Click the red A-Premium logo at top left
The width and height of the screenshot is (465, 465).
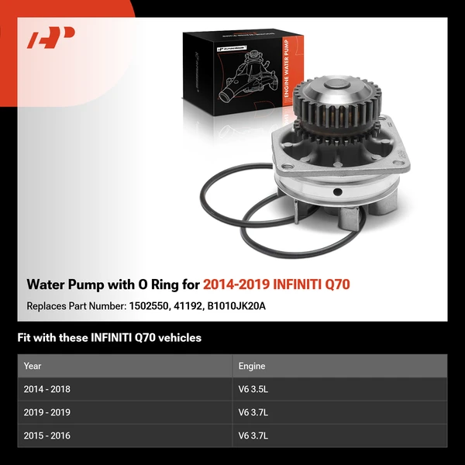click(x=50, y=38)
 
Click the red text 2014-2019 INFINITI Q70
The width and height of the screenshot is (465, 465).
click(x=276, y=284)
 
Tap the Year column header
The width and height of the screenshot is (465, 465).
click(x=33, y=366)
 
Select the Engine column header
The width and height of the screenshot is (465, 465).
click(x=253, y=366)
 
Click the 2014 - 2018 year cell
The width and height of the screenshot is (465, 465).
click(x=47, y=389)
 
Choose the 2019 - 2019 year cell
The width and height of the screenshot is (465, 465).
click(x=47, y=412)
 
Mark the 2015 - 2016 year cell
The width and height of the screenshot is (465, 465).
click(x=47, y=436)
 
